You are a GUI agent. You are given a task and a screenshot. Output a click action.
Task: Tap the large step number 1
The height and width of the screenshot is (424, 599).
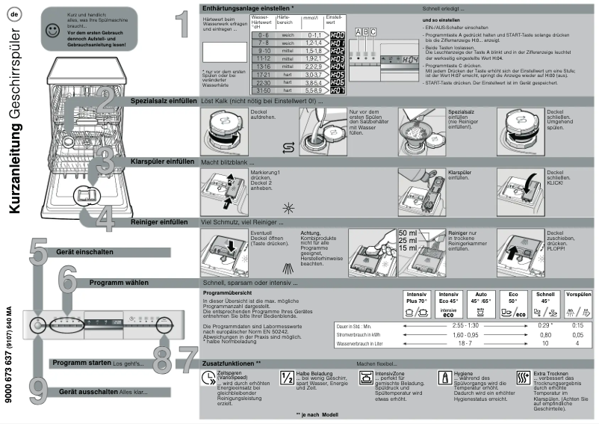181,25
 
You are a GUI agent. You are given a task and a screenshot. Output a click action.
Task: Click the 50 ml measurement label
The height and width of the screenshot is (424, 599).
409,233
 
